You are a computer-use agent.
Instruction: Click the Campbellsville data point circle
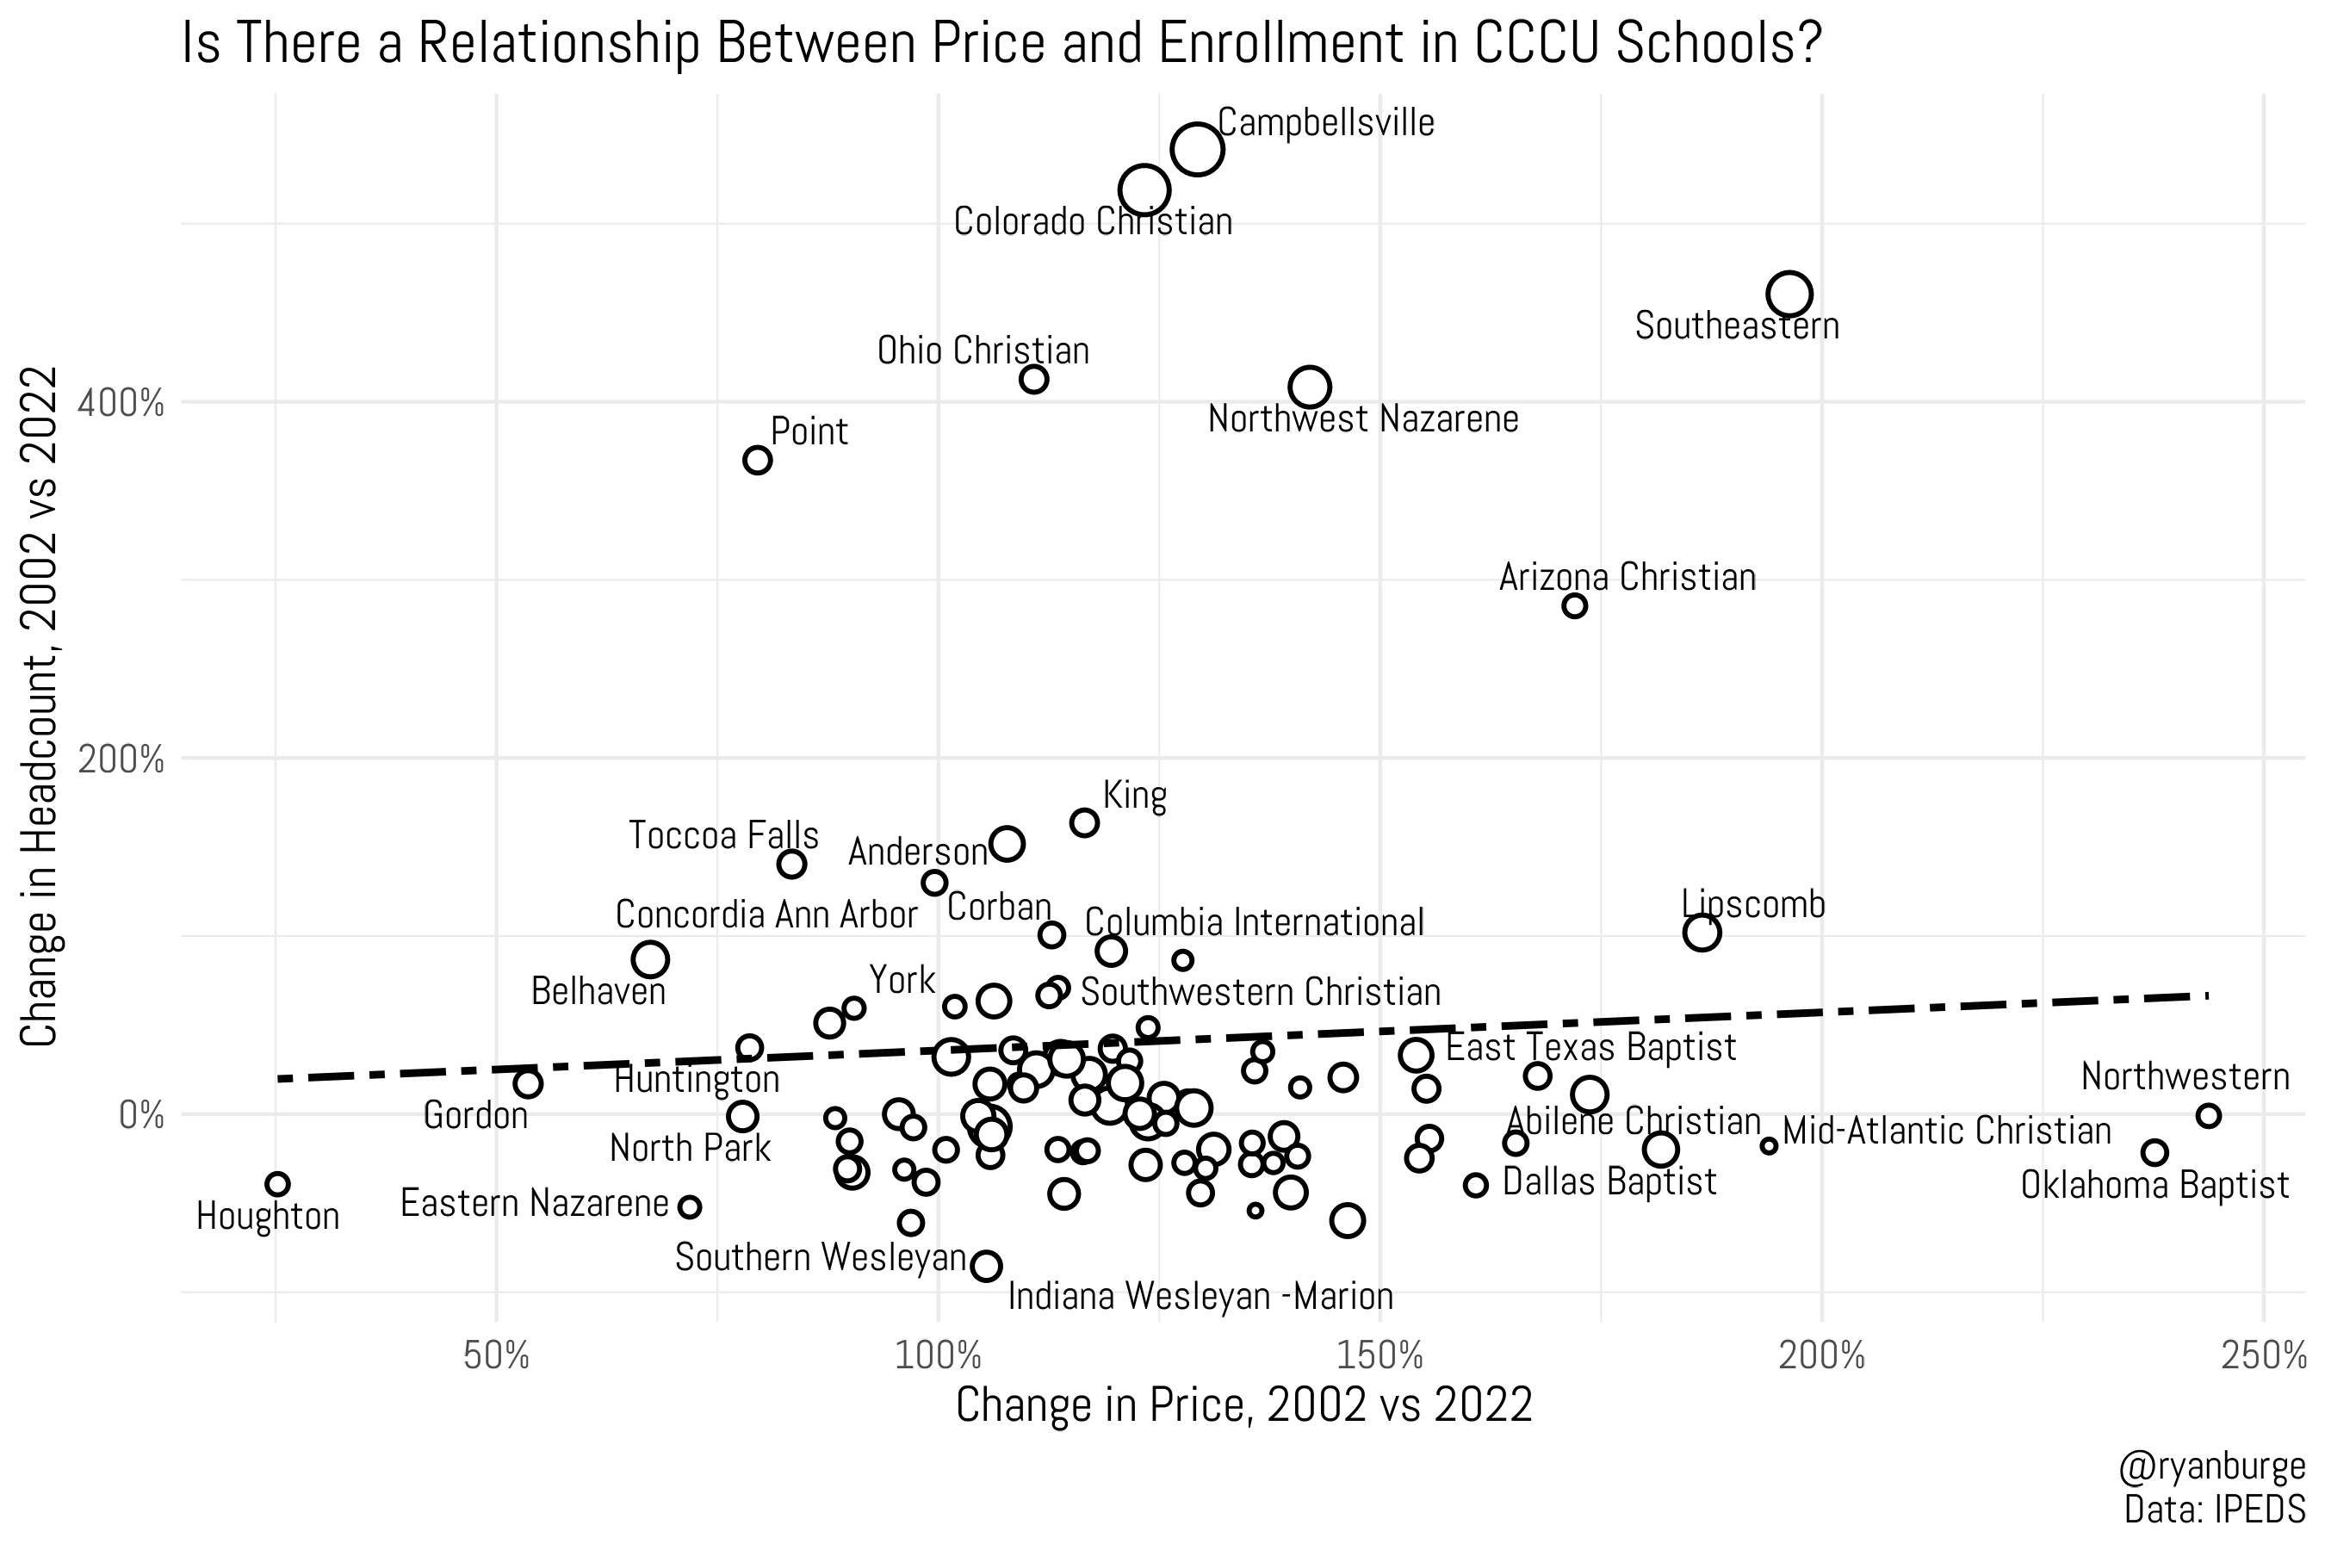click(x=1197, y=149)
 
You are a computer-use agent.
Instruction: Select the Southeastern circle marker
click(x=1789, y=294)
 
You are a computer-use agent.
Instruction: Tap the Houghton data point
click(x=278, y=1184)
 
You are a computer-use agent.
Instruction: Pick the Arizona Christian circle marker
click(x=1575, y=606)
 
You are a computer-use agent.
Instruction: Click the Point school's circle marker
click(x=757, y=461)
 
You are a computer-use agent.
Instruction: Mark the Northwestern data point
click(x=2209, y=1116)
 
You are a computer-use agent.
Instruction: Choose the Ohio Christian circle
click(x=1034, y=380)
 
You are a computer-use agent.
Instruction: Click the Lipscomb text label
click(x=1752, y=904)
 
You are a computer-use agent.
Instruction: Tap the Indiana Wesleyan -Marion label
click(x=1200, y=1296)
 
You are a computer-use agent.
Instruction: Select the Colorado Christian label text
click(x=1092, y=222)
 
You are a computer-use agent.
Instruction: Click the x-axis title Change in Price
click(x=1243, y=1405)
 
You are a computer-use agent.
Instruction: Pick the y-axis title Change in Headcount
click(x=41, y=708)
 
